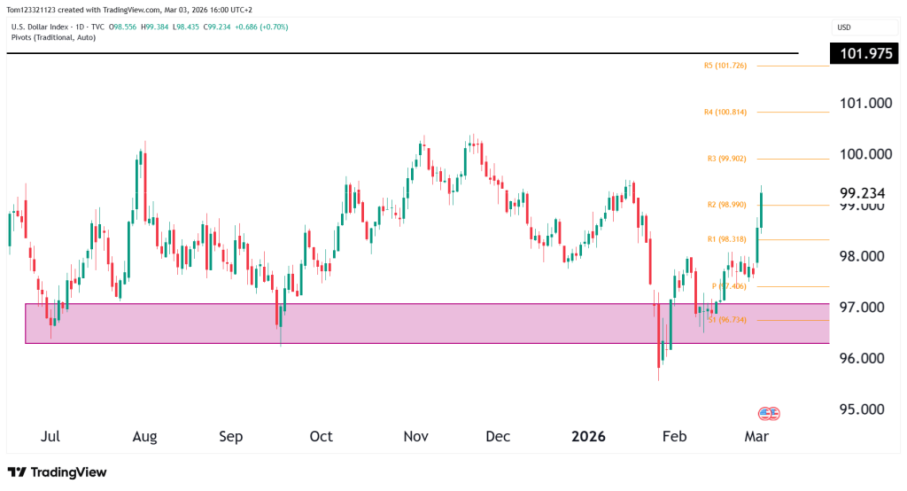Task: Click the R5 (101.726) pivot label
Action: coord(731,66)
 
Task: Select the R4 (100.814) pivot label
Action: coord(731,113)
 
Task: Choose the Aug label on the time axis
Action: coord(144,437)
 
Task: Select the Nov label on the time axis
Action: coord(415,437)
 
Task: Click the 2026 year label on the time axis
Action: coord(587,437)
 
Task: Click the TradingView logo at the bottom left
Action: coord(58,472)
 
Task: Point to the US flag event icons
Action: coord(769,414)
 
